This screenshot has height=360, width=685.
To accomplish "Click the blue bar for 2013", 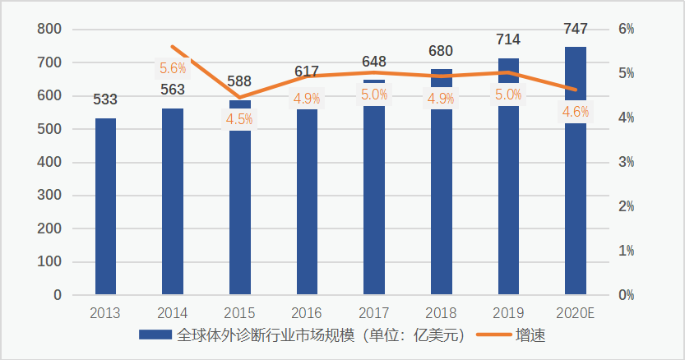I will click(x=105, y=205).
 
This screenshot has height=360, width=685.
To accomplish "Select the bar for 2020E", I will click(x=576, y=205).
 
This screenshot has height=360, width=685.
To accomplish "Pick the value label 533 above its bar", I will click(x=105, y=99).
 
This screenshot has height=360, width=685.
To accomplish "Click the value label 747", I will click(x=576, y=30).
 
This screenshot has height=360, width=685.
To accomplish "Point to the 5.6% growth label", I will click(x=173, y=68).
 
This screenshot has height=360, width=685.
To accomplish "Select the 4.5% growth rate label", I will click(x=239, y=118).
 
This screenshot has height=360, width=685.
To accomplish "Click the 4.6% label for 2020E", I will click(x=575, y=112).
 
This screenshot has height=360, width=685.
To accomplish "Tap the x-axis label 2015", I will click(x=239, y=313).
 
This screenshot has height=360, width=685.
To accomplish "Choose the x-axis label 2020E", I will click(x=576, y=313).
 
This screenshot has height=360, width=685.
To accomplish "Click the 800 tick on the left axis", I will click(x=50, y=30).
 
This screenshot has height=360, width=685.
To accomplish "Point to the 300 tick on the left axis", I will click(x=50, y=196).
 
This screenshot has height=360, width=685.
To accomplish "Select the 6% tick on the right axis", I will click(x=626, y=30).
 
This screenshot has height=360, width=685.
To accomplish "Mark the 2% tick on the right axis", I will click(x=626, y=206).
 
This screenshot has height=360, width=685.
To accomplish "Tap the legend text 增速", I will click(x=531, y=335).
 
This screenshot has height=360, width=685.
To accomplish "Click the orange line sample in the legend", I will click(x=493, y=335).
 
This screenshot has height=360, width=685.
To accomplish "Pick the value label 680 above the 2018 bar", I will click(x=441, y=51).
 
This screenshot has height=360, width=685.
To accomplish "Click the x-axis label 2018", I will click(x=441, y=313).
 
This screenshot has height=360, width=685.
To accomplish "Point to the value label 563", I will click(x=173, y=90).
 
